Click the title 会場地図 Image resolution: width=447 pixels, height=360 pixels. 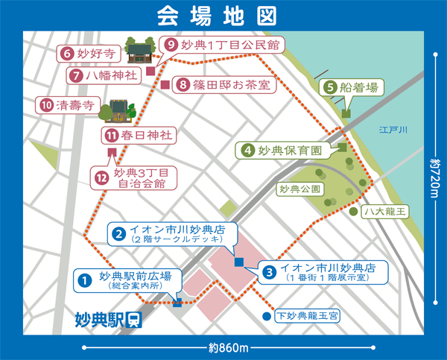(223, 16)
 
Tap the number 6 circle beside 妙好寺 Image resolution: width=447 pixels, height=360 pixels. (66, 54)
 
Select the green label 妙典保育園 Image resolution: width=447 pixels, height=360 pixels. (286, 150)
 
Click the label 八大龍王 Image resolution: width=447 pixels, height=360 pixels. (384, 212)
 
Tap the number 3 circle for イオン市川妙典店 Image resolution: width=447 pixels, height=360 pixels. (269, 272)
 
